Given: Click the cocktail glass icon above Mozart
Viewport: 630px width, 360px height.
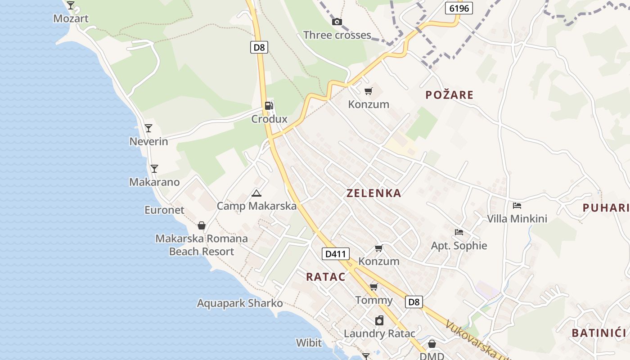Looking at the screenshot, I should point(71,5).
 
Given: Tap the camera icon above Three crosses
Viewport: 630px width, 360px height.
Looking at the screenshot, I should point(337,22).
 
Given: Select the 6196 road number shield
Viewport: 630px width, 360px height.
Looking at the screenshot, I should point(459,8).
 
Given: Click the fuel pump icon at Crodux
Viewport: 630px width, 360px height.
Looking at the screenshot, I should point(269,106).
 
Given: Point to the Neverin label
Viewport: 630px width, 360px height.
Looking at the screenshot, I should point(148,142).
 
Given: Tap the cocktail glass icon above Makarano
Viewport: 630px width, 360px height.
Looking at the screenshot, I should point(154,169).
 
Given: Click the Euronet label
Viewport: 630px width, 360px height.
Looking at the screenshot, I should point(164,210).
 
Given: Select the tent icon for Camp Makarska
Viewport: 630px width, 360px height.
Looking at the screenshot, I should point(256,193).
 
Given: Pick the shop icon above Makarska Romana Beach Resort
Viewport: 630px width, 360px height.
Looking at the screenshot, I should point(201,225).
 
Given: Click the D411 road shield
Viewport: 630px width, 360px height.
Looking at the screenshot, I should point(336,254).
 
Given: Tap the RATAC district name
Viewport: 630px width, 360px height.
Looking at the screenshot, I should point(326,277).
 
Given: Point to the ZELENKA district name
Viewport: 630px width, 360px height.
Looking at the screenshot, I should point(373,193).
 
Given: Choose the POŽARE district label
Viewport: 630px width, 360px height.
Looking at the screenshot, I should point(450,95).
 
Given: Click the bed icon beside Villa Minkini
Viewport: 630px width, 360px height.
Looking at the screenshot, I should point(517,206).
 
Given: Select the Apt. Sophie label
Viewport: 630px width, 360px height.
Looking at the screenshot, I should point(459,246).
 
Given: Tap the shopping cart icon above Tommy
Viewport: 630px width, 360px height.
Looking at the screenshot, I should point(373,287).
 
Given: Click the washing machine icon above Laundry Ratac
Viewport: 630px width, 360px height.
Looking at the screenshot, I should point(379,320).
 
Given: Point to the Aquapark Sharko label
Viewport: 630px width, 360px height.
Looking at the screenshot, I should point(240,303).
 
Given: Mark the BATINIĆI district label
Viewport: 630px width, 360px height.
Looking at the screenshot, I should point(599,333).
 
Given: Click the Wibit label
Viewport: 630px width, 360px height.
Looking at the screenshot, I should point(309,343).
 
